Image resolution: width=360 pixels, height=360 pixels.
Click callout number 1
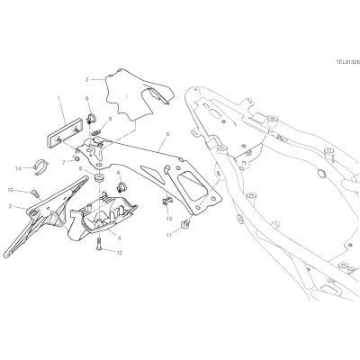click(59, 98)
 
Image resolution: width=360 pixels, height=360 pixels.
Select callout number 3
click(87, 80)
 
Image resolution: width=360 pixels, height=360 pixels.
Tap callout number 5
click(167, 134)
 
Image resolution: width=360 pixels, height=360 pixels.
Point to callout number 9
click(110, 119)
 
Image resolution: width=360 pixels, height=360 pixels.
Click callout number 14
click(18, 168)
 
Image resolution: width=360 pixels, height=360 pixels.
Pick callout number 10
click(11, 190)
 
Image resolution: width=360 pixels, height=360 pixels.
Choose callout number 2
click(10, 206)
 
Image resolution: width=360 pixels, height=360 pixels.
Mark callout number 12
click(120, 253)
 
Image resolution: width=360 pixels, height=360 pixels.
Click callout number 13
click(169, 219)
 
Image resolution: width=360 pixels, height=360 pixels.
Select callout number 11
click(169, 236)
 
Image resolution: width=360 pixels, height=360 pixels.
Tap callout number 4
click(120, 238)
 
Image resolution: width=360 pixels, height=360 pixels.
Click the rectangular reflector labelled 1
click(65, 132)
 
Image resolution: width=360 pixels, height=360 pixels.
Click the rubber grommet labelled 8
click(99, 177)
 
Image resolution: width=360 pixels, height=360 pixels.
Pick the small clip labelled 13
click(166, 201)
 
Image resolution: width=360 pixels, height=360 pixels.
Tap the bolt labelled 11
click(185, 223)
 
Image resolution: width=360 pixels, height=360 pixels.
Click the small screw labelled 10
click(36, 193)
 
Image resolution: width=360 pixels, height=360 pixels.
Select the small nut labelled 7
click(76, 157)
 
